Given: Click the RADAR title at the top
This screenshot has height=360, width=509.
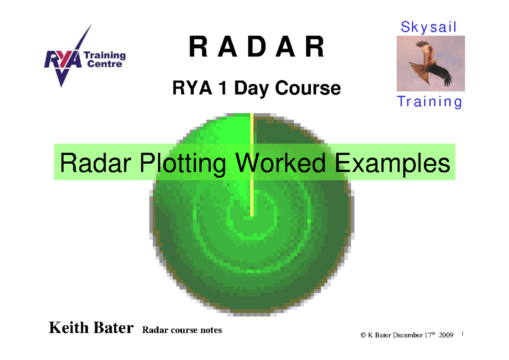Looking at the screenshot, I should (x=257, y=47).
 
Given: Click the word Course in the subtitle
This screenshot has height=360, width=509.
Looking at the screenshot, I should (x=308, y=88).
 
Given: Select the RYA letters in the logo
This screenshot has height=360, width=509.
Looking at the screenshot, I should (x=62, y=60).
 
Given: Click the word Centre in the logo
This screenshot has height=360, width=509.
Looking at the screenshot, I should (x=105, y=64).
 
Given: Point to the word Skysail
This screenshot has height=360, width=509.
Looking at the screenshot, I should (x=428, y=27).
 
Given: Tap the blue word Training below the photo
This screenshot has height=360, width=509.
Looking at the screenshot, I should (x=429, y=102).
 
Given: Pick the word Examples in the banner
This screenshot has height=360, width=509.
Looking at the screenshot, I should (x=392, y=163).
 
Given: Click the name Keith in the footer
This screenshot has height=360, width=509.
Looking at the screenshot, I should (x=68, y=328).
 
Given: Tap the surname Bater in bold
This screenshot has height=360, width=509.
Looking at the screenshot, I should (x=111, y=328).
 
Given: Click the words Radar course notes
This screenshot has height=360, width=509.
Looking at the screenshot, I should (x=182, y=330).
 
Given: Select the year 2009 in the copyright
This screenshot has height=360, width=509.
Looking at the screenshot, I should (x=445, y=335).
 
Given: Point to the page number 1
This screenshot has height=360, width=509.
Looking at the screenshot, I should (x=461, y=335).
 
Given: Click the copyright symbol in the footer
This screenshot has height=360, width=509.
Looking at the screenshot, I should (x=363, y=335).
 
